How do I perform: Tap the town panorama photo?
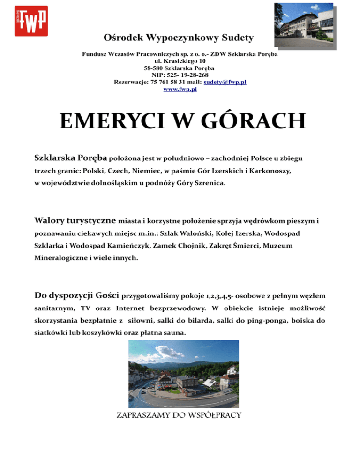coord(180,373)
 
